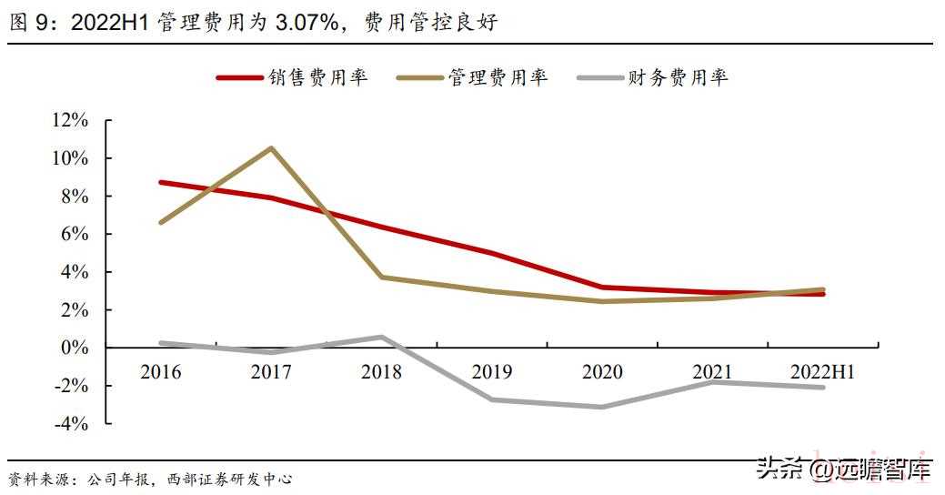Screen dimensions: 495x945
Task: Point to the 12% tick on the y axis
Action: pos(71,120)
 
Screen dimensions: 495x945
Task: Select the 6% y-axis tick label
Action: pos(75,234)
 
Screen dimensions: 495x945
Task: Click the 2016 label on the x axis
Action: pos(160,371)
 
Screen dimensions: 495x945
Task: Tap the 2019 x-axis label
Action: pos(491,371)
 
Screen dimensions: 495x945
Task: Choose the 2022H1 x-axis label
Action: pos(822,371)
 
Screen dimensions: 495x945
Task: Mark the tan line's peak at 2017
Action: pos(271,148)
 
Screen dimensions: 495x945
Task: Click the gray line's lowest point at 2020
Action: pos(602,407)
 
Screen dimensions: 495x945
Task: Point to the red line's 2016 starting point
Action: pos(161,182)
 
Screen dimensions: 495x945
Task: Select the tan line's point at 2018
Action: pos(381,278)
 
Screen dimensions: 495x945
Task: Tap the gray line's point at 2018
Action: pos(381,338)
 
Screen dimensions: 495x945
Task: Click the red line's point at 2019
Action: pos(491,253)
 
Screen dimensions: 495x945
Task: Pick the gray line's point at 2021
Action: pos(712,382)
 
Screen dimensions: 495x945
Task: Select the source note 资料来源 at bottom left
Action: pos(42,479)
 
